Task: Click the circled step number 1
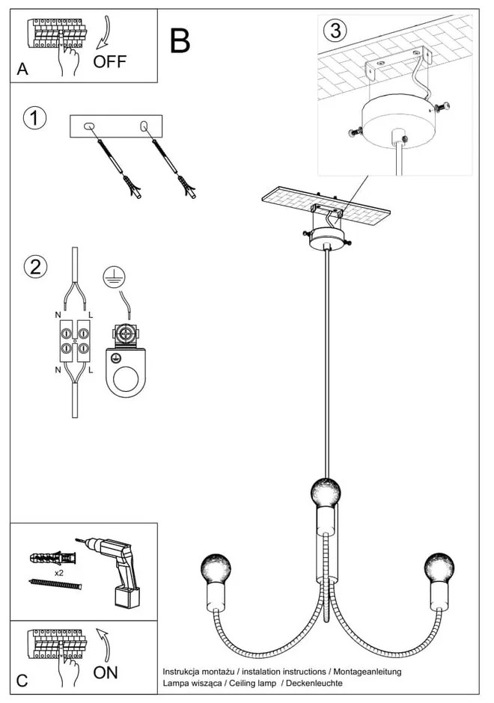(x=34, y=118)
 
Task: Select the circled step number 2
(x=34, y=267)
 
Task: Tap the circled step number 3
(x=335, y=31)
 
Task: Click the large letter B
(x=180, y=41)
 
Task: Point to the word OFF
(x=110, y=62)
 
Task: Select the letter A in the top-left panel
(x=22, y=70)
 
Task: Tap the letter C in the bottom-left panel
(x=22, y=681)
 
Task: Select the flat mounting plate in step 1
(x=115, y=126)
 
